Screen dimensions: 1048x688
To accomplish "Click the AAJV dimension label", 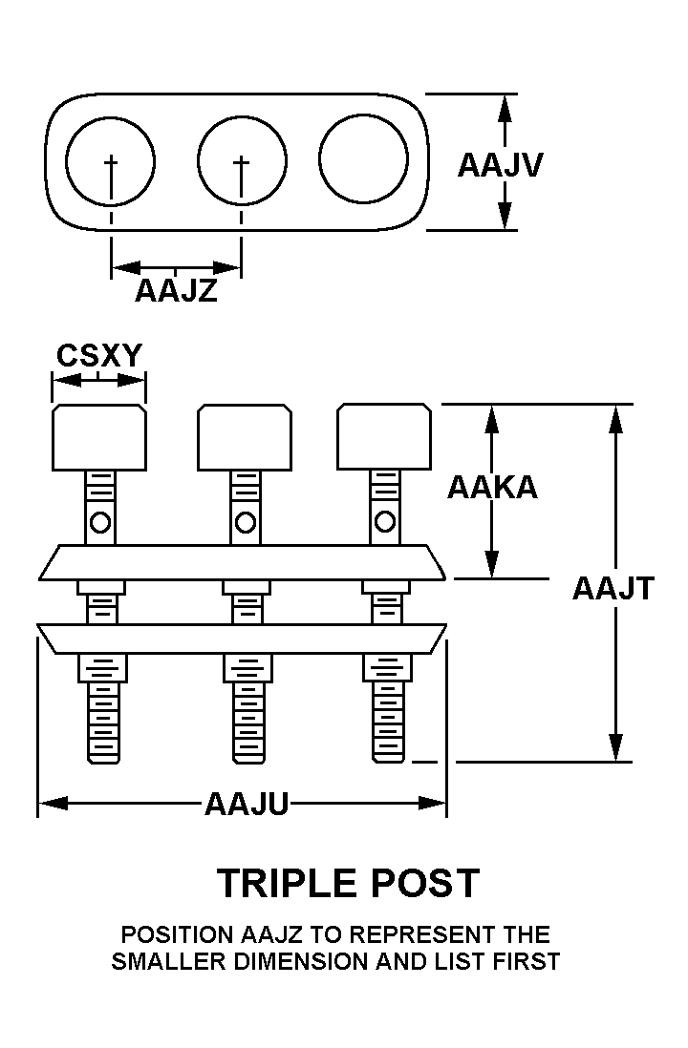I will (500, 165).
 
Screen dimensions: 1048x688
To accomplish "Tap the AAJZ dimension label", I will (176, 290).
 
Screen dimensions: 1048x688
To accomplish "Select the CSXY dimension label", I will (98, 355).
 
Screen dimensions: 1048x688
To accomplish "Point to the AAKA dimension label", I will (492, 487).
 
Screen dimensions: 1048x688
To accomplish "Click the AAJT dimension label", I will (613, 588).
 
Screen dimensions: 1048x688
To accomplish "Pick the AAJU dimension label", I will (246, 805).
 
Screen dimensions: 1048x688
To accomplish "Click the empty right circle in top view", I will (363, 159).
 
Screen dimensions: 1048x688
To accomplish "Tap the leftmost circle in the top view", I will (111, 159).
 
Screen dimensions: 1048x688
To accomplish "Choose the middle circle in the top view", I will (242, 159).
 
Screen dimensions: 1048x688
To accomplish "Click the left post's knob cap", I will (98, 437).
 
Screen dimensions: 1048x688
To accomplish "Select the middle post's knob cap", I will (244, 437).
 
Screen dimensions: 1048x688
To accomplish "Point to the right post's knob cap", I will (383, 437).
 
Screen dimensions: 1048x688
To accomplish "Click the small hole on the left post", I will (101, 522).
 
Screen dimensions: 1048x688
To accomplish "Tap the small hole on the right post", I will (384, 521).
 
